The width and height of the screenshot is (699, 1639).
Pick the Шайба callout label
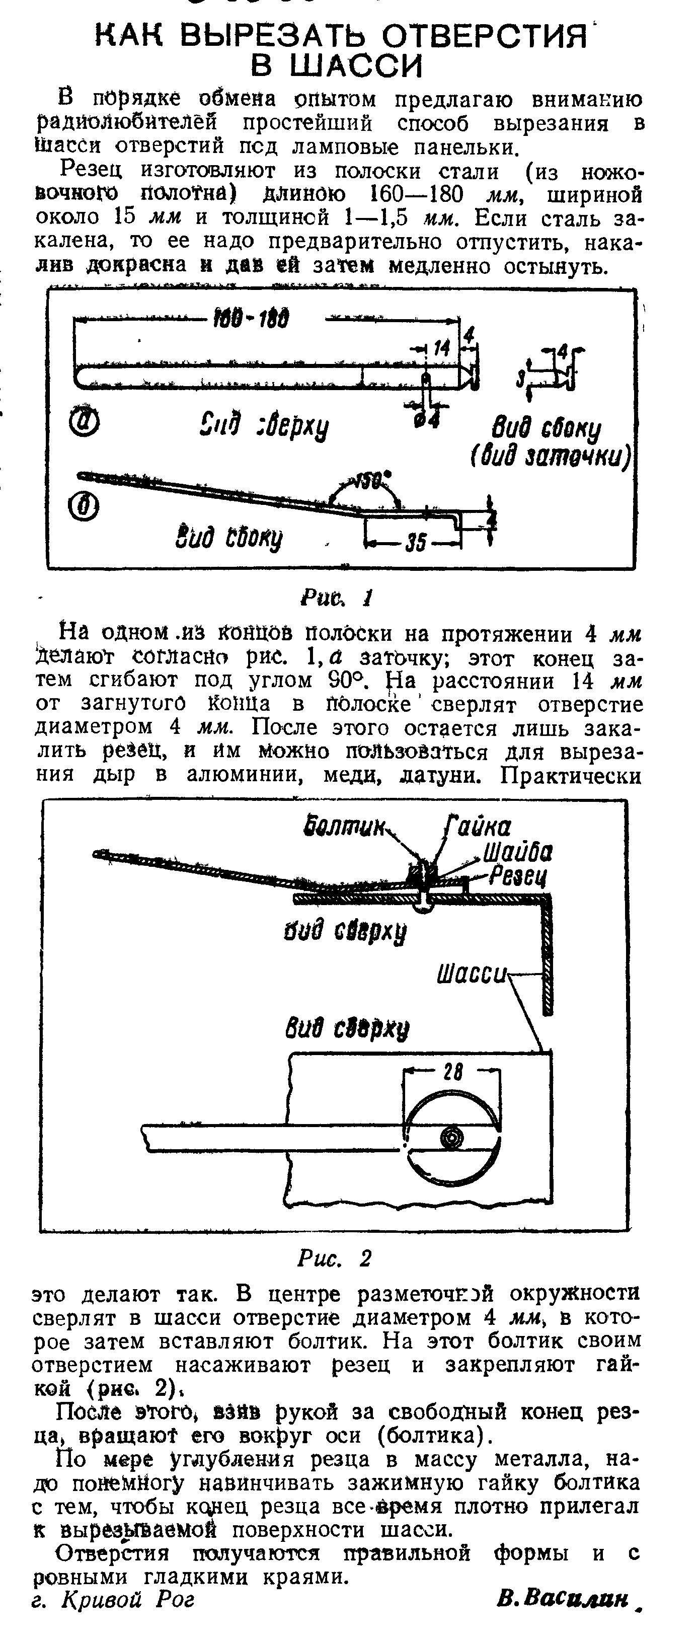click(518, 853)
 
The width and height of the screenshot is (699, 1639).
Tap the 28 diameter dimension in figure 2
click(453, 1072)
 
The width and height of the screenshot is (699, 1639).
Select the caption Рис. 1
click(336, 598)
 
